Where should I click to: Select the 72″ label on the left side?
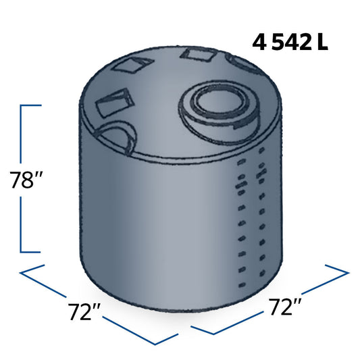(x=85, y=313)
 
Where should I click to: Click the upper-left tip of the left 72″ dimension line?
(x=22, y=272)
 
